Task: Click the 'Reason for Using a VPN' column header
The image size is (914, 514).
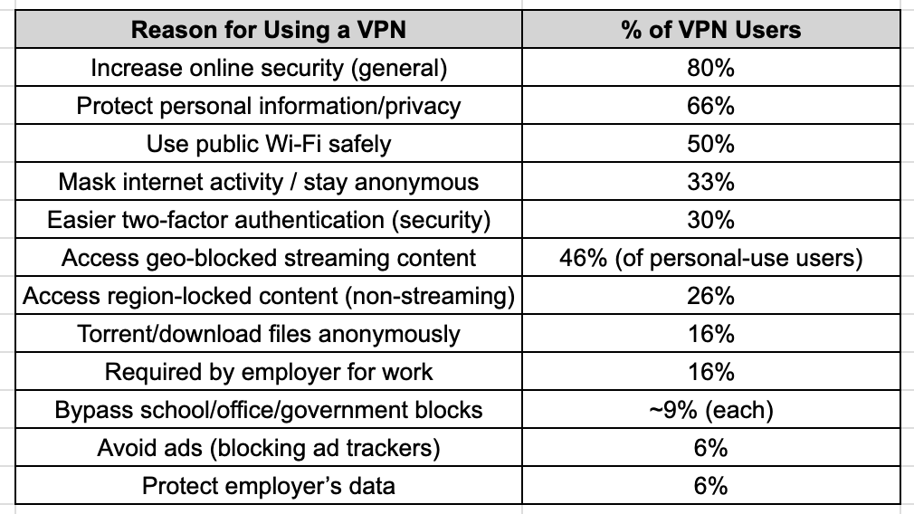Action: pyautogui.click(x=269, y=30)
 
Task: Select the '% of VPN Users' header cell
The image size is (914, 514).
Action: pyautogui.click(x=710, y=30)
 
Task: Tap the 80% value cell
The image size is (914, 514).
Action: pyautogui.click(x=710, y=68)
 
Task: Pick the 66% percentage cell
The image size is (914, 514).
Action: pyautogui.click(x=710, y=106)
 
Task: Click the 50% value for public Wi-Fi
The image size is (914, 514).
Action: pyautogui.click(x=710, y=144)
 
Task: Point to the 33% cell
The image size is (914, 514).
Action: pyautogui.click(x=710, y=182)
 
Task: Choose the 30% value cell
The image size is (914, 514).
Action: pyautogui.click(x=710, y=220)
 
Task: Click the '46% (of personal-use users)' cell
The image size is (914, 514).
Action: pyautogui.click(x=710, y=258)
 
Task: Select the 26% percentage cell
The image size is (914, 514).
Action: pyautogui.click(x=710, y=296)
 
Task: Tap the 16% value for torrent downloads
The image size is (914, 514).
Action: pyautogui.click(x=710, y=334)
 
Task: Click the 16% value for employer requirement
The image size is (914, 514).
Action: pyautogui.click(x=710, y=372)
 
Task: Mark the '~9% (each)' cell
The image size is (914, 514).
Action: pyautogui.click(x=710, y=410)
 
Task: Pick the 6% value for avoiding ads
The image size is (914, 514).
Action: pyautogui.click(x=710, y=448)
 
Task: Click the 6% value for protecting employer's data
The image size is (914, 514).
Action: pyautogui.click(x=710, y=486)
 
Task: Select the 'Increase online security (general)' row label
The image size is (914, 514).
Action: pyautogui.click(x=269, y=68)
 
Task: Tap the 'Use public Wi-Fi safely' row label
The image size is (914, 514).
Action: pyautogui.click(x=269, y=144)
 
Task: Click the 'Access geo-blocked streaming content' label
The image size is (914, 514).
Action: pyautogui.click(x=269, y=258)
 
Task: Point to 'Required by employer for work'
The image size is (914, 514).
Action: pyautogui.click(x=269, y=372)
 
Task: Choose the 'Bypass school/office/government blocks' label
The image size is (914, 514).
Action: pyautogui.click(x=269, y=410)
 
